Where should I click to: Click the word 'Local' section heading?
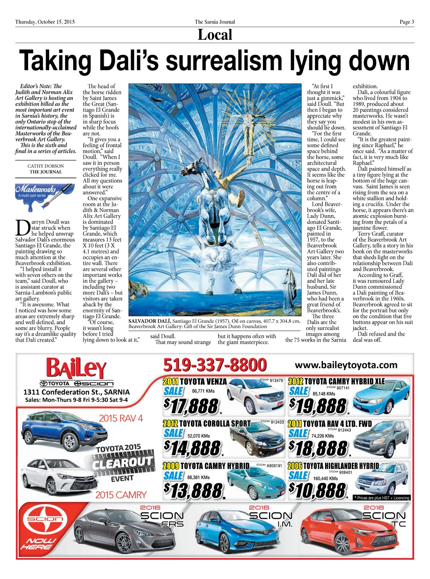tap(215, 35)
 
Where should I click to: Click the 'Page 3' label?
tap(406, 22)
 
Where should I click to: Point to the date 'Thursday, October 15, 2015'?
tap(45, 22)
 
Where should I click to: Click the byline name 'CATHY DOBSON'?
tap(46, 166)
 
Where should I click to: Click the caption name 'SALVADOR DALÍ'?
tap(149, 321)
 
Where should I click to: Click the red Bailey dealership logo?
tap(76, 368)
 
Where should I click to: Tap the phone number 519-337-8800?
tap(215, 365)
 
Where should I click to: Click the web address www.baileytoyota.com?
tap(346, 365)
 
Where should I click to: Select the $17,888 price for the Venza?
tap(191, 406)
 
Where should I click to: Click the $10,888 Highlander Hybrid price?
tap(317, 490)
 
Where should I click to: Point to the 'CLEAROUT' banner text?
tap(123, 462)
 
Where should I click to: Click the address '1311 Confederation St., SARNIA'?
tap(76, 392)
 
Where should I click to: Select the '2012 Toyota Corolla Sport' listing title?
tap(207, 424)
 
